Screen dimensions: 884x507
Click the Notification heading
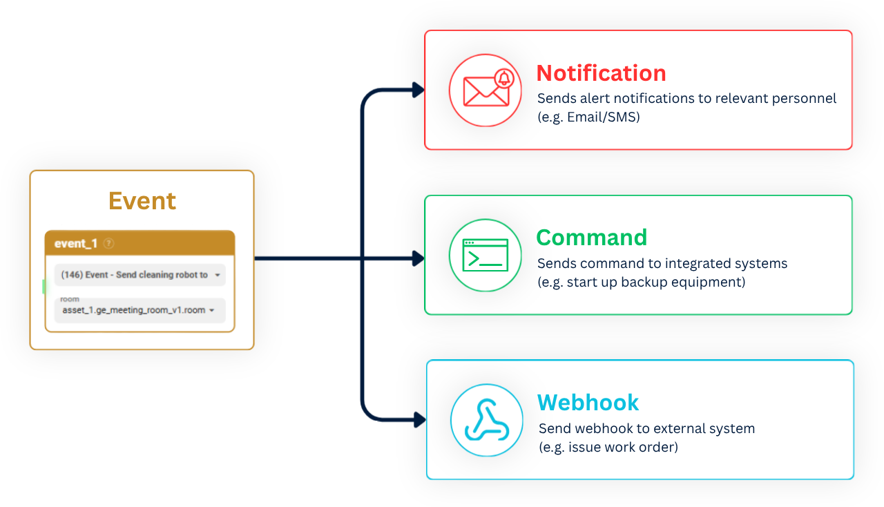(601, 73)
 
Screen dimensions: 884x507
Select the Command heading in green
(592, 238)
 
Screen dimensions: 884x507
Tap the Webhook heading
(588, 403)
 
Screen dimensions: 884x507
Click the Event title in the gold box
(142, 201)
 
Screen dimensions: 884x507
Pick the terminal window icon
(485, 255)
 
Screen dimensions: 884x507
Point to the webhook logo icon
(487, 420)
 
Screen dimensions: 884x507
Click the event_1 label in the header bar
(76, 244)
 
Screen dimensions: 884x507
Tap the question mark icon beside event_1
(108, 244)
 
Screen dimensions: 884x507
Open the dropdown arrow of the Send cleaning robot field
(218, 275)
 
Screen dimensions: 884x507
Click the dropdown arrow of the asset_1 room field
(212, 310)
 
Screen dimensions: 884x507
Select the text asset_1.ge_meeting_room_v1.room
(133, 310)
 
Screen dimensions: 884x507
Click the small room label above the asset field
(70, 299)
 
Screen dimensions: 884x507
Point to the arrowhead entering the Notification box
(419, 90)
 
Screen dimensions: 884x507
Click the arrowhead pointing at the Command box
(419, 258)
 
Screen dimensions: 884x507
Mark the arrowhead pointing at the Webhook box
(420, 420)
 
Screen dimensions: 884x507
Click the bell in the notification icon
(504, 78)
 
